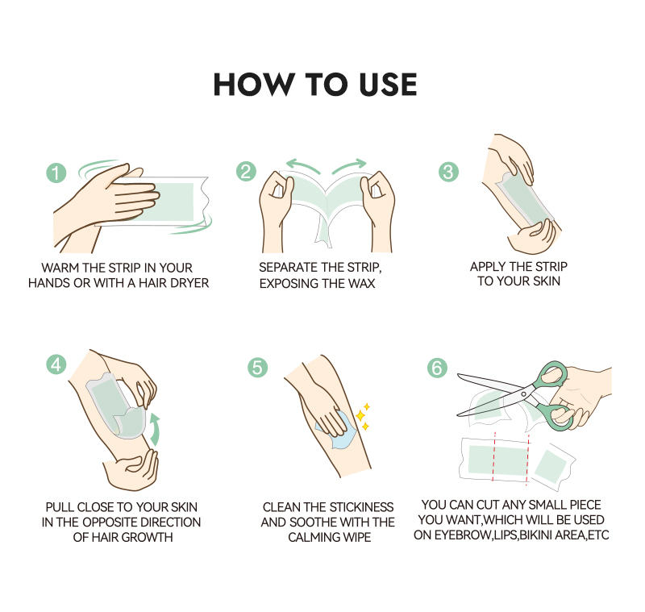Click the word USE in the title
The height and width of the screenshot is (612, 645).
(x=388, y=85)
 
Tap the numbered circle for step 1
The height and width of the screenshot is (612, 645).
(x=56, y=173)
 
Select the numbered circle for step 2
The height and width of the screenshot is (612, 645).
(x=246, y=172)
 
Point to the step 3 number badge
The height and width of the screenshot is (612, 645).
(x=448, y=172)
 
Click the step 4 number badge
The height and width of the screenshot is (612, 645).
(x=56, y=364)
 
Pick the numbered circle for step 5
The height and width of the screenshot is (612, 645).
(x=257, y=368)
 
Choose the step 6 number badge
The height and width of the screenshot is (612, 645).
(x=437, y=368)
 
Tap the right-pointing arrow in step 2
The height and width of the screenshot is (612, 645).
(x=350, y=165)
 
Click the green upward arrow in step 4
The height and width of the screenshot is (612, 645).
(x=155, y=430)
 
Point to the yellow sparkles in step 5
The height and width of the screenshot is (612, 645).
(x=363, y=416)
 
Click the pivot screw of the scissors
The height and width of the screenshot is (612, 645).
(x=523, y=394)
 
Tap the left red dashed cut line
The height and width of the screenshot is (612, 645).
(x=493, y=456)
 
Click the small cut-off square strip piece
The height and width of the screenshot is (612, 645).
(x=552, y=467)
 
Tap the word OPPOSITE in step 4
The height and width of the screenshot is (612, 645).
(x=106, y=522)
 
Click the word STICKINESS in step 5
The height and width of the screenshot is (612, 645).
(x=361, y=506)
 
